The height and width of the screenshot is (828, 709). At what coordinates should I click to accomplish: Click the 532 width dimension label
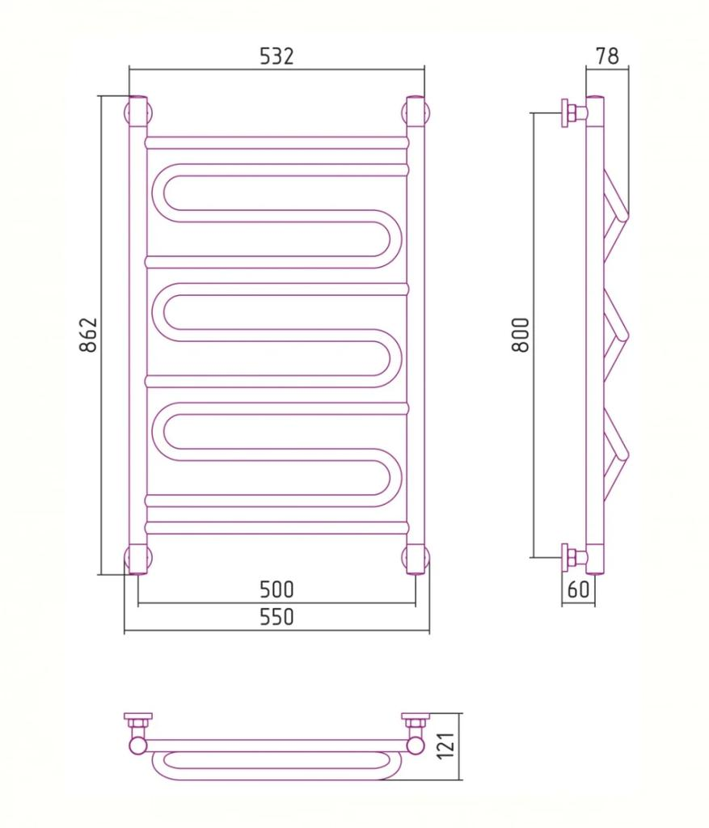click(x=276, y=56)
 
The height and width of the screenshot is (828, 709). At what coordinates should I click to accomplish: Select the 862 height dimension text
click(x=89, y=335)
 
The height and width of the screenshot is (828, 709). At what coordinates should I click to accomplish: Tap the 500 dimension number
click(x=276, y=589)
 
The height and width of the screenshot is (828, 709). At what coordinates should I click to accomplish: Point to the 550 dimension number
click(x=276, y=617)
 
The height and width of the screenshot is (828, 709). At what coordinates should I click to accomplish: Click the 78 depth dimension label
click(x=607, y=56)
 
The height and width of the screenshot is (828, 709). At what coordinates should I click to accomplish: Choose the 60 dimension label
click(x=578, y=589)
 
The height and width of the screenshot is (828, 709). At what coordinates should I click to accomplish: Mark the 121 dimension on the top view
click(x=447, y=746)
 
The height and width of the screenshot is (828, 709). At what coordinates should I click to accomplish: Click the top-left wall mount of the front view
click(x=138, y=112)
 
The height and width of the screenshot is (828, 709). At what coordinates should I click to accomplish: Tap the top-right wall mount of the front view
click(x=415, y=112)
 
